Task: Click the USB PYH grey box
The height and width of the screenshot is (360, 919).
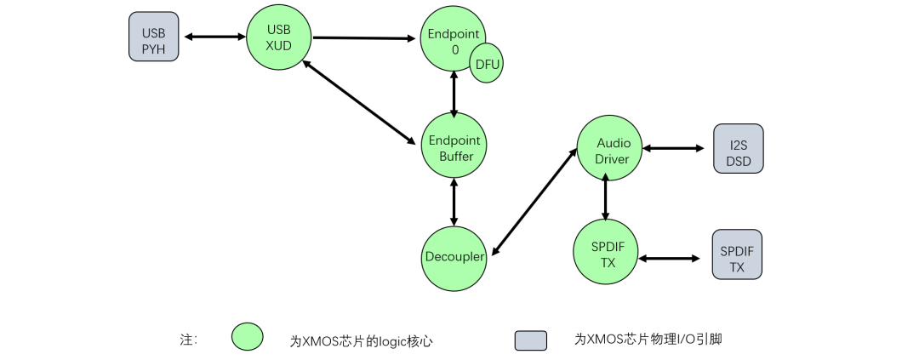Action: [154, 37]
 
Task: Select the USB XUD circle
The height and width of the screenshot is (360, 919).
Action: [279, 37]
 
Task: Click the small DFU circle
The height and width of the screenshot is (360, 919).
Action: [487, 65]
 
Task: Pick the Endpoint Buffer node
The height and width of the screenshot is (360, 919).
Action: [454, 146]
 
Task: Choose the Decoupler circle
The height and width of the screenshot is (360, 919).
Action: [454, 256]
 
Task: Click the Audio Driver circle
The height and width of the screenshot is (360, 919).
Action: [608, 147]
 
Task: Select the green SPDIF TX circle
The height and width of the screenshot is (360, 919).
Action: [606, 253]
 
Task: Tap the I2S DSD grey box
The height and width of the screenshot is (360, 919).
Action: [738, 149]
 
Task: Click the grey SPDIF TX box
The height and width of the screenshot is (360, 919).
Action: [737, 254]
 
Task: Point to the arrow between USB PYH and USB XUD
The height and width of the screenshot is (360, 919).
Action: [215, 37]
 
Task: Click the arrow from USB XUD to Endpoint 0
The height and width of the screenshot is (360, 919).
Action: [366, 37]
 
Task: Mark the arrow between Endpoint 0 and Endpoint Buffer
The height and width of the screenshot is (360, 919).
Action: [454, 93]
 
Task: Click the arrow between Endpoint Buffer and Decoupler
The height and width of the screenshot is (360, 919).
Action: [454, 202]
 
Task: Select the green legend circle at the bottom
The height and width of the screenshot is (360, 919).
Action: [248, 337]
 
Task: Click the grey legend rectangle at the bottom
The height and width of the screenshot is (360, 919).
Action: [530, 340]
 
